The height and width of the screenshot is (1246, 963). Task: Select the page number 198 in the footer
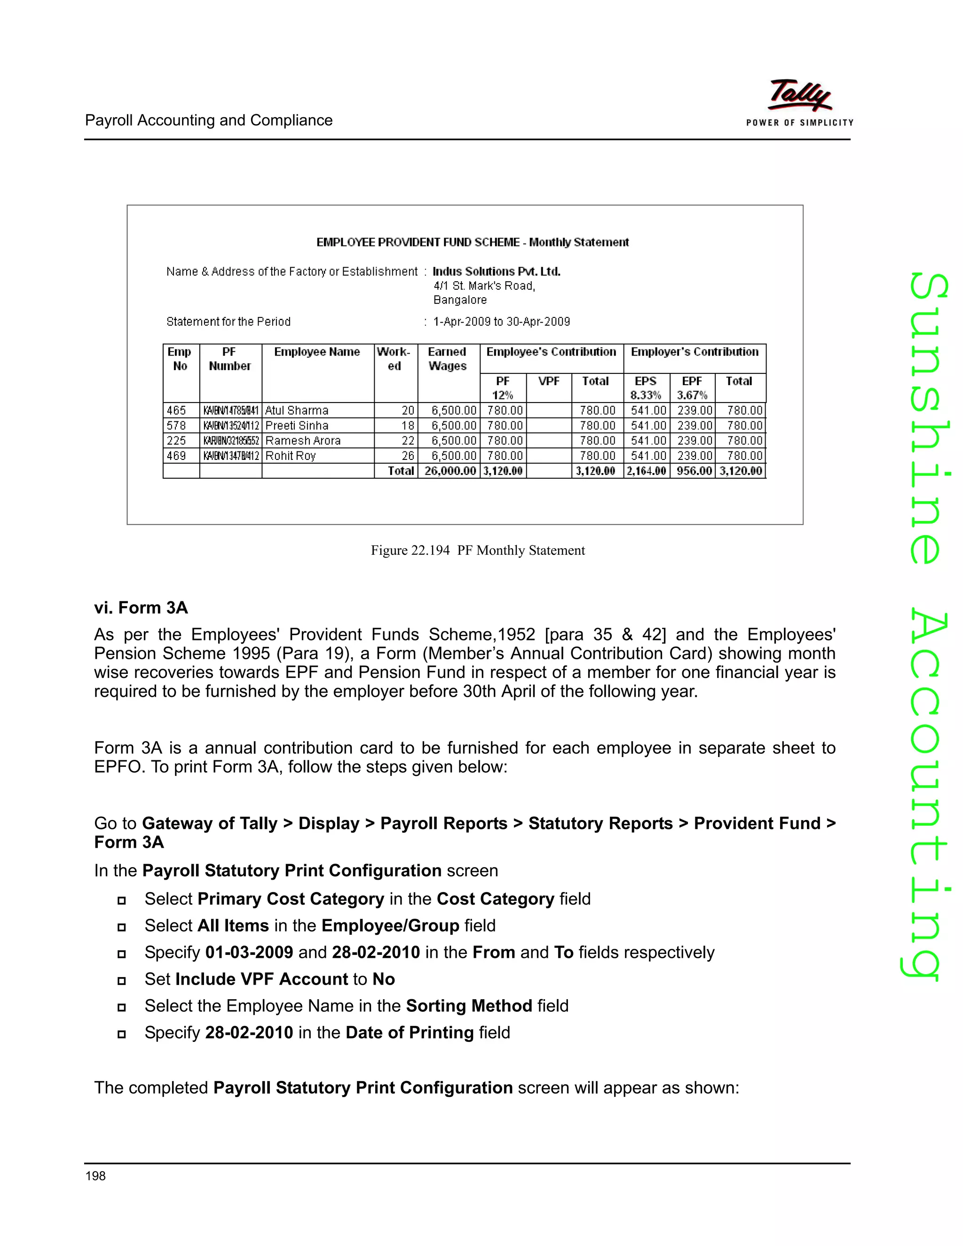point(95,1175)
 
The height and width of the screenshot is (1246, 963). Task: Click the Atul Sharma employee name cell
point(297,410)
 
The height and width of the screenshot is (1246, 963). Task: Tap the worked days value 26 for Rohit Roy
point(407,455)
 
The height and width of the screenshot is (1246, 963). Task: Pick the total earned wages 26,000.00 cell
point(450,471)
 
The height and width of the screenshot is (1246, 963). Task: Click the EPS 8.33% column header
point(646,387)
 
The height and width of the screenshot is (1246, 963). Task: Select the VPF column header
point(548,381)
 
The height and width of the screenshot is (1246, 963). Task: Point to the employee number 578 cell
point(176,426)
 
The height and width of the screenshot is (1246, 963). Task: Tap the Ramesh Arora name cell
point(303,441)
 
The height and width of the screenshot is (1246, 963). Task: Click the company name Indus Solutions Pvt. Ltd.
point(497,272)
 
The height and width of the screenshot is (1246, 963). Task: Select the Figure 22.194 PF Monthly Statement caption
point(478,550)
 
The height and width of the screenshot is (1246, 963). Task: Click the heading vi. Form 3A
point(141,607)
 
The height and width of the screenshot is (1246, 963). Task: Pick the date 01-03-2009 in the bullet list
point(249,952)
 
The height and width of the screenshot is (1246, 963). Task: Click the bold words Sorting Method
point(468,1005)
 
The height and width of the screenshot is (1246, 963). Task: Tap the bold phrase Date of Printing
point(409,1032)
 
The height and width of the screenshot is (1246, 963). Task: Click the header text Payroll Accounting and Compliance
point(209,120)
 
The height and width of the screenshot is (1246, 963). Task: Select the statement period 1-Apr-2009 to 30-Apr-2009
point(501,322)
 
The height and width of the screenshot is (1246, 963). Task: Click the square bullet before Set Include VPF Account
point(121,981)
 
